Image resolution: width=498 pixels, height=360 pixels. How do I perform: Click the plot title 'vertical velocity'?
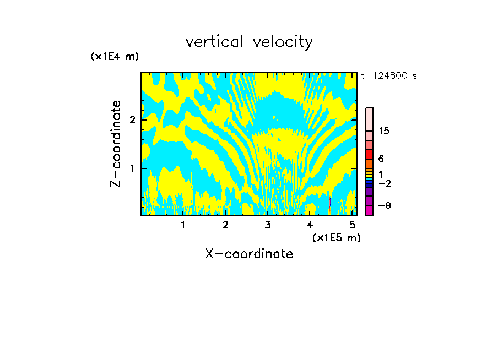(249, 42)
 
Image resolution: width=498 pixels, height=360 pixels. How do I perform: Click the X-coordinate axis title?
(249, 254)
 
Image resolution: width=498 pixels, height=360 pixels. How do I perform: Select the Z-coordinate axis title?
(116, 144)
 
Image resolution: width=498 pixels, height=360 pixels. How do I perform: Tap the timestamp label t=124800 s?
(389, 76)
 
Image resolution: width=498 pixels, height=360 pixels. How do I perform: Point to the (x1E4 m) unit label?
(115, 57)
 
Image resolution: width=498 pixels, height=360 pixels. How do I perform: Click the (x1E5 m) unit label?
(336, 237)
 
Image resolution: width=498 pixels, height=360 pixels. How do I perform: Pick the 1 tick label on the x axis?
(183, 225)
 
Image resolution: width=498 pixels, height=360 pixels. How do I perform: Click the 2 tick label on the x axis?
(225, 225)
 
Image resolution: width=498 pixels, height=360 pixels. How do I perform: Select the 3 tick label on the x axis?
(268, 225)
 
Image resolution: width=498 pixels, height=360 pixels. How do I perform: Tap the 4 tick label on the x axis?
(310, 225)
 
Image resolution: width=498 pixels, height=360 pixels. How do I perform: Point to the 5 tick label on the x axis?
(352, 225)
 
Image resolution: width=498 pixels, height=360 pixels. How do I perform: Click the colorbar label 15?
(384, 131)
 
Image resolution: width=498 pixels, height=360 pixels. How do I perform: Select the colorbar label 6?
(381, 159)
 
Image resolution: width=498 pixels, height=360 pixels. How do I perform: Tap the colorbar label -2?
(384, 183)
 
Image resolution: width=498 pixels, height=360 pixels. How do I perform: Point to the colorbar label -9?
(384, 205)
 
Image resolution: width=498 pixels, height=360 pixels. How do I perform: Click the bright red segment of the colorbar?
(370, 154)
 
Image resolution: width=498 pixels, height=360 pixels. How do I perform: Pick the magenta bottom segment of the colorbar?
(370, 210)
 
